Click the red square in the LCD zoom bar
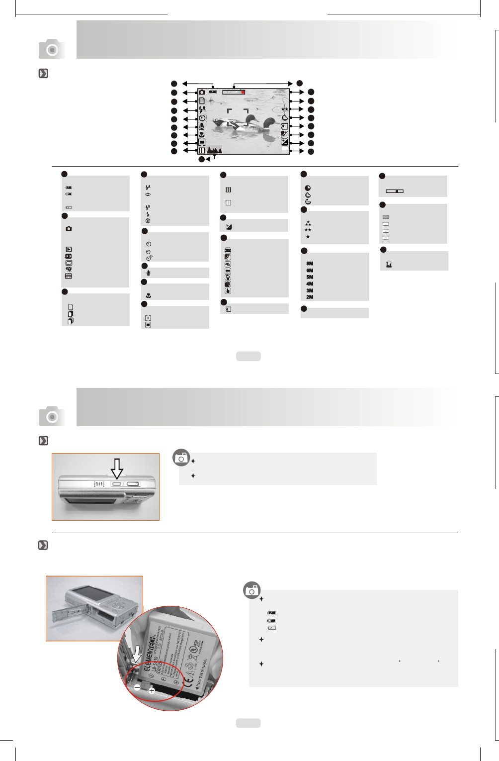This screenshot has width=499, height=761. point(243,92)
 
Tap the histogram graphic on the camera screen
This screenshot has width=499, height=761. point(215,150)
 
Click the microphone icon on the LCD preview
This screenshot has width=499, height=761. point(202,126)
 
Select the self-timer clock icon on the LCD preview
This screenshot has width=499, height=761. point(202,118)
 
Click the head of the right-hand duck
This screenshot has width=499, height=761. point(269,121)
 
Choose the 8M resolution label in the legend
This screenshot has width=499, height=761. point(310,264)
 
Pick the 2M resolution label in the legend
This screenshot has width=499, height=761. point(310,297)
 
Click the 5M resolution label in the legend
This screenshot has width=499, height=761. point(310,277)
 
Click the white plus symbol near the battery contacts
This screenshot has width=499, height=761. point(152,691)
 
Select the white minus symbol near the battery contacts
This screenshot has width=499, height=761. point(137,687)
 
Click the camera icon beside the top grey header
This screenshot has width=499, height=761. point(52,49)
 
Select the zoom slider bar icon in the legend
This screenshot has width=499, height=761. point(395,191)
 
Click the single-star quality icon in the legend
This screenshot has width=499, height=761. point(308,237)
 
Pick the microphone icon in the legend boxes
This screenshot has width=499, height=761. point(149,273)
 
